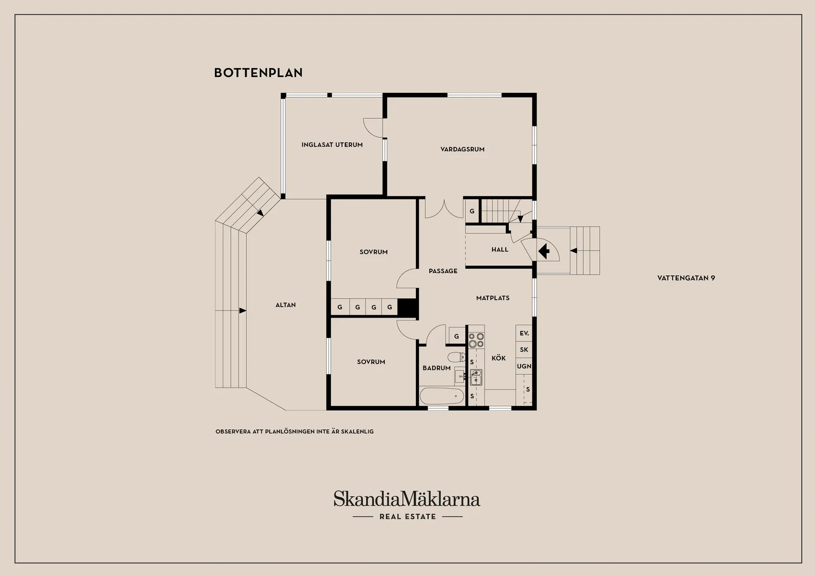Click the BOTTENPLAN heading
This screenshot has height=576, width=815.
click(x=258, y=73)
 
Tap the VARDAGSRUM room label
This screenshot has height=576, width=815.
click(x=462, y=149)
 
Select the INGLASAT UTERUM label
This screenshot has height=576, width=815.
click(x=332, y=145)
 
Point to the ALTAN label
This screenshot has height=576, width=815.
click(x=285, y=305)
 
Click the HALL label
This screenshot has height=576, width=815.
click(x=500, y=249)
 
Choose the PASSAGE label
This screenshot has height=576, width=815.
click(x=443, y=271)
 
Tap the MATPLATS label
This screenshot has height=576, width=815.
click(x=493, y=298)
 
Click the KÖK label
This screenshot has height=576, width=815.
click(x=498, y=358)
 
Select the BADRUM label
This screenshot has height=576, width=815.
click(x=437, y=368)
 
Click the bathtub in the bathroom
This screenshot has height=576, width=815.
click(x=442, y=396)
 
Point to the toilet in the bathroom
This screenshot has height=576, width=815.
click(x=456, y=357)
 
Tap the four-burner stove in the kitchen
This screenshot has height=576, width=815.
click(x=476, y=340)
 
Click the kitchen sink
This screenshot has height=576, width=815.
click(x=476, y=377)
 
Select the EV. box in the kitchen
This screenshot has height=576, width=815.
click(x=524, y=333)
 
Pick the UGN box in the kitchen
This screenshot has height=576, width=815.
click(x=524, y=366)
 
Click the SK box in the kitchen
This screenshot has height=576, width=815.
click(x=524, y=350)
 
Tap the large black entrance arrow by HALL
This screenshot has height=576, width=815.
click(x=544, y=251)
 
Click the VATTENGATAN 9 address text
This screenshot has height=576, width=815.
click(x=686, y=278)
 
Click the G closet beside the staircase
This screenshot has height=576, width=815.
click(x=472, y=211)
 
